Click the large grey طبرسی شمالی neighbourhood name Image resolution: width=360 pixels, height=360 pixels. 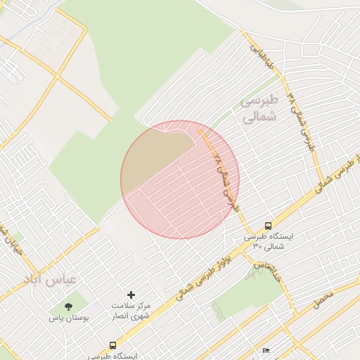pyautogui.click(x=259, y=109)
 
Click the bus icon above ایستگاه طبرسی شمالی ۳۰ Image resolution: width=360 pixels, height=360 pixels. pyautogui.click(x=268, y=226)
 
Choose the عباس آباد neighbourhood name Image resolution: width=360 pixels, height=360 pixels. pyautogui.click(x=50, y=279)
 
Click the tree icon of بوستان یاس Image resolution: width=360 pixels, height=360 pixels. pyautogui.click(x=68, y=307)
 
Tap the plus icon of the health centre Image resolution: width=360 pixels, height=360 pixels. pyautogui.click(x=130, y=295)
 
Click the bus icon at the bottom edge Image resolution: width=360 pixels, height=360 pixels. pyautogui.click(x=113, y=345)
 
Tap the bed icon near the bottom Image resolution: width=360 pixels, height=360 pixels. pyautogui.click(x=266, y=350)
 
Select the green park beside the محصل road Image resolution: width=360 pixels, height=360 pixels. pyautogui.click(x=246, y=295)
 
